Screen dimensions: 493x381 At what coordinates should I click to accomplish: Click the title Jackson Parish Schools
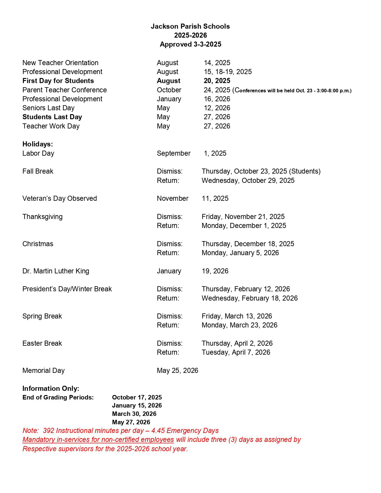[190, 26]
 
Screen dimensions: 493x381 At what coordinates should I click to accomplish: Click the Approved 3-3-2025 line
[190, 44]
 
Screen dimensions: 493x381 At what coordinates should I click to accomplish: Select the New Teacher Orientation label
[60, 63]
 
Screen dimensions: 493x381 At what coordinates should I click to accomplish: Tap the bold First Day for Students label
[58, 81]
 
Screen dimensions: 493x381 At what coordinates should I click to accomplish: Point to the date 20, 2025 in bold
[217, 81]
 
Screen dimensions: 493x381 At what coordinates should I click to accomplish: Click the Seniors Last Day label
[48, 108]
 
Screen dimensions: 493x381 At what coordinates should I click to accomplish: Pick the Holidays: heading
[38, 144]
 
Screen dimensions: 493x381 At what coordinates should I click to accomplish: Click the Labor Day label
[38, 153]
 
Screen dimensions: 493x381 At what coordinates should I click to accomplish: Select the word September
[174, 153]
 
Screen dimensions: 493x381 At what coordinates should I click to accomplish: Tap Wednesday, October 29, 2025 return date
[248, 180]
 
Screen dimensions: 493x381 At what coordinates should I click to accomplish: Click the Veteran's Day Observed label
[59, 198]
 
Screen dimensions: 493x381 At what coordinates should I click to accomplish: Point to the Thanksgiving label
[42, 217]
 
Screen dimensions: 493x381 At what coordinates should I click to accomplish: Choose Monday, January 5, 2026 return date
[240, 253]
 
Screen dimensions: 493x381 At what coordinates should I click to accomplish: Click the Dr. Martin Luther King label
[56, 271]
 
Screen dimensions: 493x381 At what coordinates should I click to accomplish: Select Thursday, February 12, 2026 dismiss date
[246, 289]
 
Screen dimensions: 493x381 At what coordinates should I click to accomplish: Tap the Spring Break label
[42, 316]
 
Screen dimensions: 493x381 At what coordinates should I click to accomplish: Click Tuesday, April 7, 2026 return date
[236, 352]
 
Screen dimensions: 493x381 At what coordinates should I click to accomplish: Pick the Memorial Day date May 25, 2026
[178, 370]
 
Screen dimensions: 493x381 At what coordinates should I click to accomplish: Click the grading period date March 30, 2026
[134, 414]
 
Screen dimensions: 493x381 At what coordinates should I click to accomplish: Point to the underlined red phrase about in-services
[98, 440]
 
